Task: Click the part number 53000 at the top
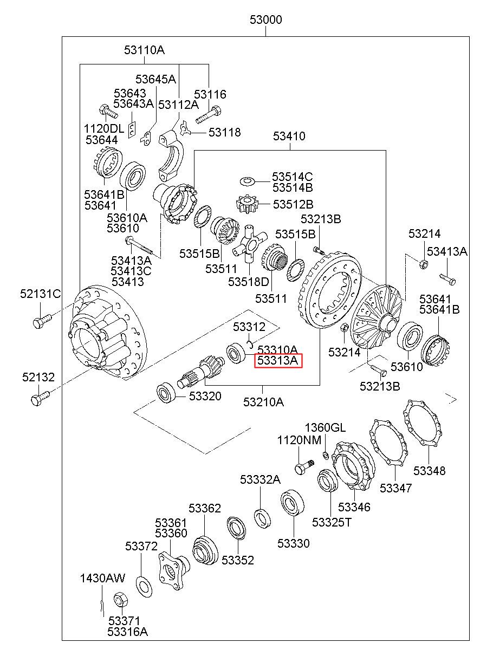(265, 20)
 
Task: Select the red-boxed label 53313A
(277, 360)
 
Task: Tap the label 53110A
(145, 50)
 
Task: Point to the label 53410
(289, 136)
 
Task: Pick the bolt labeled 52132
(40, 398)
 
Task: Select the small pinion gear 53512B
(246, 204)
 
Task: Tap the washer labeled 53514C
(247, 181)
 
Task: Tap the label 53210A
(264, 402)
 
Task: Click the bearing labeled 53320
(166, 393)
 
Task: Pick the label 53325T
(331, 522)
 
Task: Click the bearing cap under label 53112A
(171, 156)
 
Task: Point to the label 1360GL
(325, 427)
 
